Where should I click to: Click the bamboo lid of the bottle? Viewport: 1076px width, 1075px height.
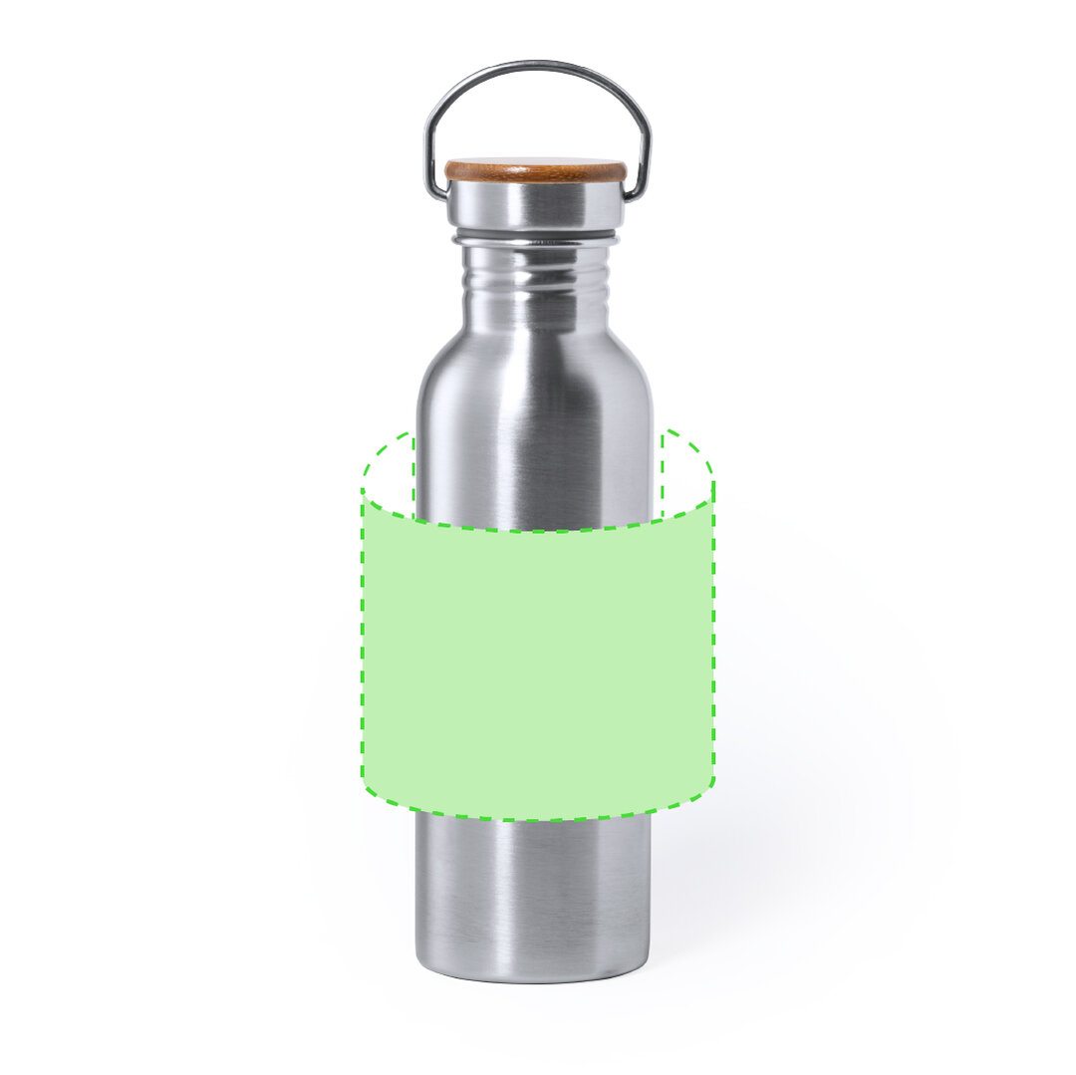pos(535,170)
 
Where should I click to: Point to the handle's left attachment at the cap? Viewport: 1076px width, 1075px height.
pos(436,187)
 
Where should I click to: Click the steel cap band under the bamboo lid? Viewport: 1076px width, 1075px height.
pos(535,205)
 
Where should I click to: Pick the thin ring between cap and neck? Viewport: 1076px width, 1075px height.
pos(535,239)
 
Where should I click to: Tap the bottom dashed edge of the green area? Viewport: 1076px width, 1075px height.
pos(538,819)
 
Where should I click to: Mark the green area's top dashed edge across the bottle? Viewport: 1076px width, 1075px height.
pos(538,530)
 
